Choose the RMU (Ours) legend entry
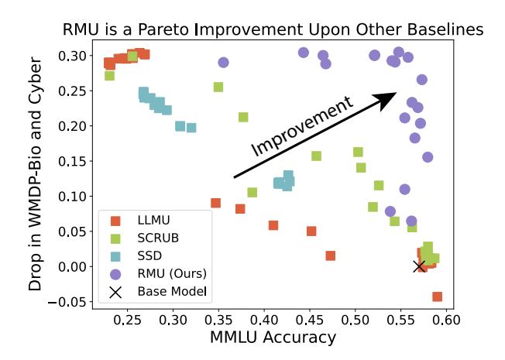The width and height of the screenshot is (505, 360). (166, 273)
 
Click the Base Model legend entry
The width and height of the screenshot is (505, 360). (166, 292)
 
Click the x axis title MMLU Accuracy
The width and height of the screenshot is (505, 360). (273, 338)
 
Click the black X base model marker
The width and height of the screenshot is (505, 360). (420, 266)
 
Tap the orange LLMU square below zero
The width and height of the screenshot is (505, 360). (437, 297)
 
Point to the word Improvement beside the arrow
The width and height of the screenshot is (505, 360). (303, 127)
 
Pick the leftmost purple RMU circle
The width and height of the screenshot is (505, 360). (223, 62)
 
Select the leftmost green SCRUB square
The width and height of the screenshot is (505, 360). (110, 75)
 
